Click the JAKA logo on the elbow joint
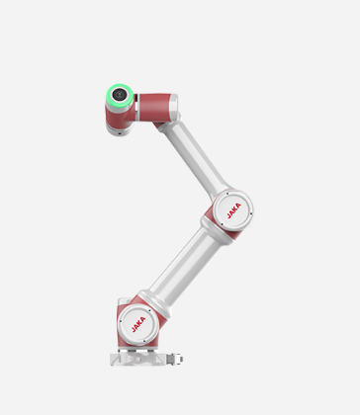pos(233,210)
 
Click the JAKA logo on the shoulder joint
pos(138,324)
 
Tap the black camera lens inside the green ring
pos(119,95)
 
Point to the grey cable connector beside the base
pos(175,359)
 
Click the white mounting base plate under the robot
pos(137,359)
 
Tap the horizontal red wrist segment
pos(154,107)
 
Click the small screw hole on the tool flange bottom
pos(120,133)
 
